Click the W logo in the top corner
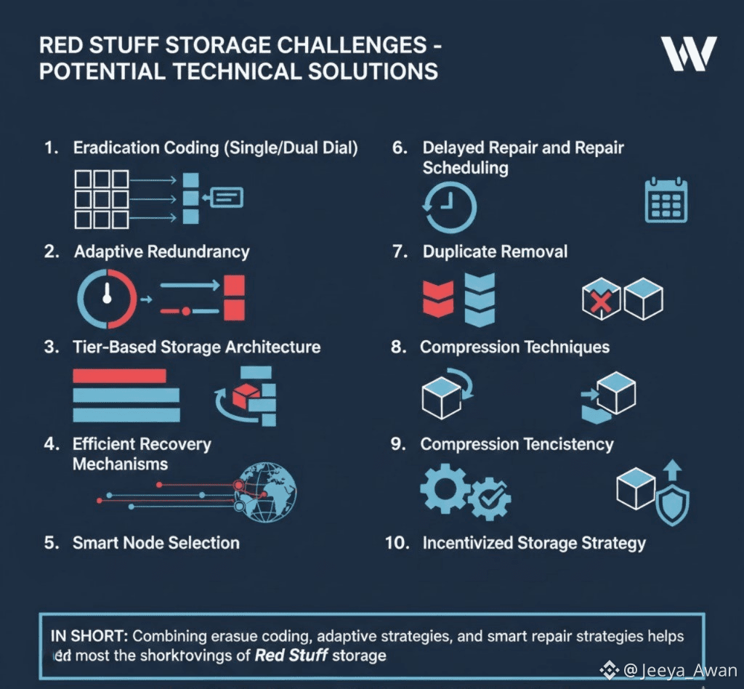tap(689, 54)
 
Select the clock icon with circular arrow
tap(449, 207)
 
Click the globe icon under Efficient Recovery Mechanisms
tap(266, 493)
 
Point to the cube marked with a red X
tap(601, 299)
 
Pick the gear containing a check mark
tap(490, 499)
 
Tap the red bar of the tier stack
tap(120, 376)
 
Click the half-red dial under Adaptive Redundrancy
tap(108, 299)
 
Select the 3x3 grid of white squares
tap(102, 199)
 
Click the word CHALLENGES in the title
tap(352, 46)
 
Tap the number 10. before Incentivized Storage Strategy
tap(397, 543)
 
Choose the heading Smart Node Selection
tap(156, 543)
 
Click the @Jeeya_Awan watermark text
tap(680, 670)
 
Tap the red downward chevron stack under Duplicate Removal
tap(438, 299)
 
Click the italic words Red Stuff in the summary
tap(291, 656)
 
